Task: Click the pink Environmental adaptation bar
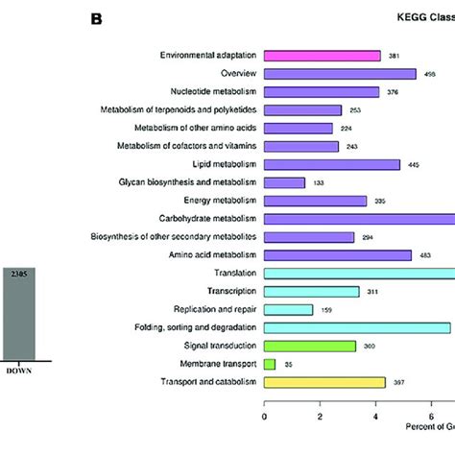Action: click(322, 56)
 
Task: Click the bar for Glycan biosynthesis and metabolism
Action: click(284, 182)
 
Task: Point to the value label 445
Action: click(415, 165)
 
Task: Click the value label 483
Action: click(425, 255)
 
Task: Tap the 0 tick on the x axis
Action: click(264, 418)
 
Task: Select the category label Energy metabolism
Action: click(215, 201)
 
